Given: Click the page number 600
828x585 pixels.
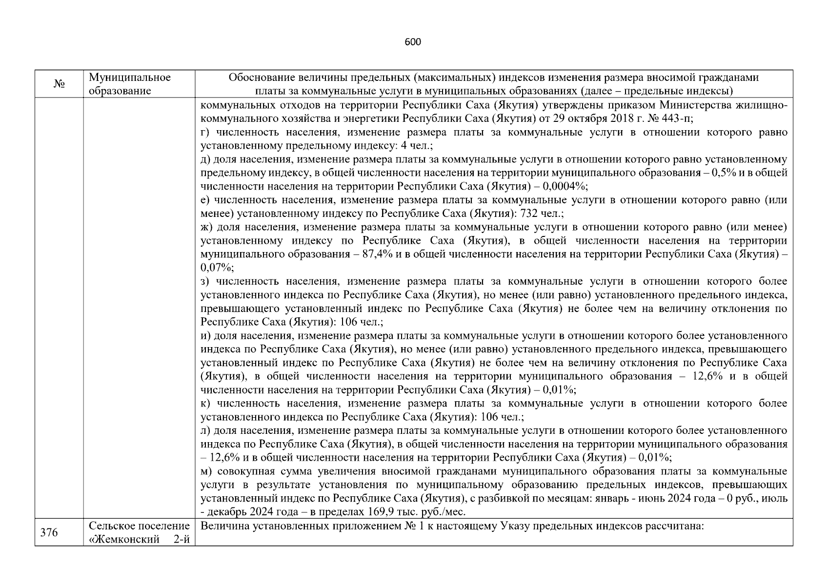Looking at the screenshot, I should (413, 42).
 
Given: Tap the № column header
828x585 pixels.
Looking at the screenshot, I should (59, 84).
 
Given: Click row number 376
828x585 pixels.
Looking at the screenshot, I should (49, 533).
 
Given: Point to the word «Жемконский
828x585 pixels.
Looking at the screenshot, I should (125, 540).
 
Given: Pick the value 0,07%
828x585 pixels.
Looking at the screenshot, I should (217, 268).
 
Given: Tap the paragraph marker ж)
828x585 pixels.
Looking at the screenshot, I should (206, 227).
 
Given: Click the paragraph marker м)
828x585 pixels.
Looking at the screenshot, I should (206, 471).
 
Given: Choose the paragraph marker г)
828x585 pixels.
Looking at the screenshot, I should (205, 132).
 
